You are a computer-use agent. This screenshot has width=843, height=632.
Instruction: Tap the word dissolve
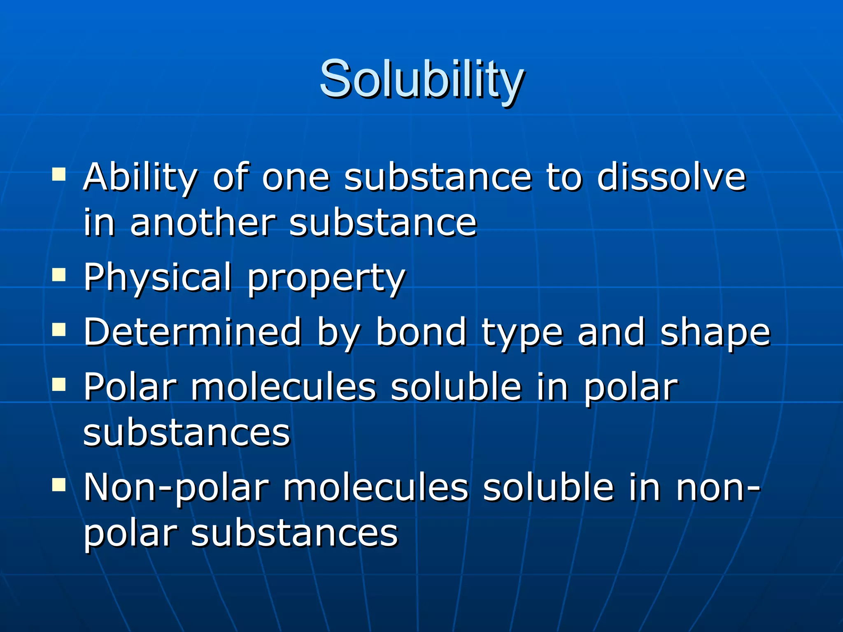671,177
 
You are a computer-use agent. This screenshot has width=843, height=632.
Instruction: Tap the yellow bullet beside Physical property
59,274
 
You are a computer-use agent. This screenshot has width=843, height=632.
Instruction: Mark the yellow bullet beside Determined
59,329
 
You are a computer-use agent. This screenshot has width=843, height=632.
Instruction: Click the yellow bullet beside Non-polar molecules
59,485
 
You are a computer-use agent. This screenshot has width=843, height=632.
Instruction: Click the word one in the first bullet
296,178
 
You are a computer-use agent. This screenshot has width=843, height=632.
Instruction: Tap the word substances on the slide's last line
295,533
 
